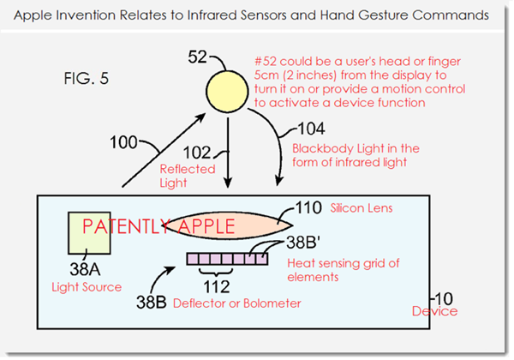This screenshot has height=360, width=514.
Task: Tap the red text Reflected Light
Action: (188, 176)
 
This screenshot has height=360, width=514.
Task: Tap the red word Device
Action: (434, 311)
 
